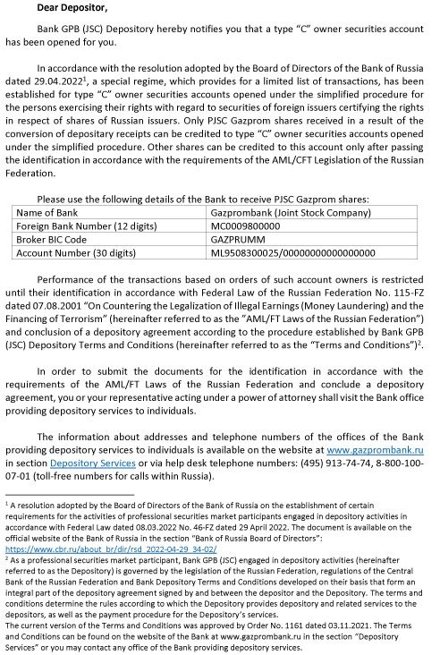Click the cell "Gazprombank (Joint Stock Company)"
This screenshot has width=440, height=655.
282,214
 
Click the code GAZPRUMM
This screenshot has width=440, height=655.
236,240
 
